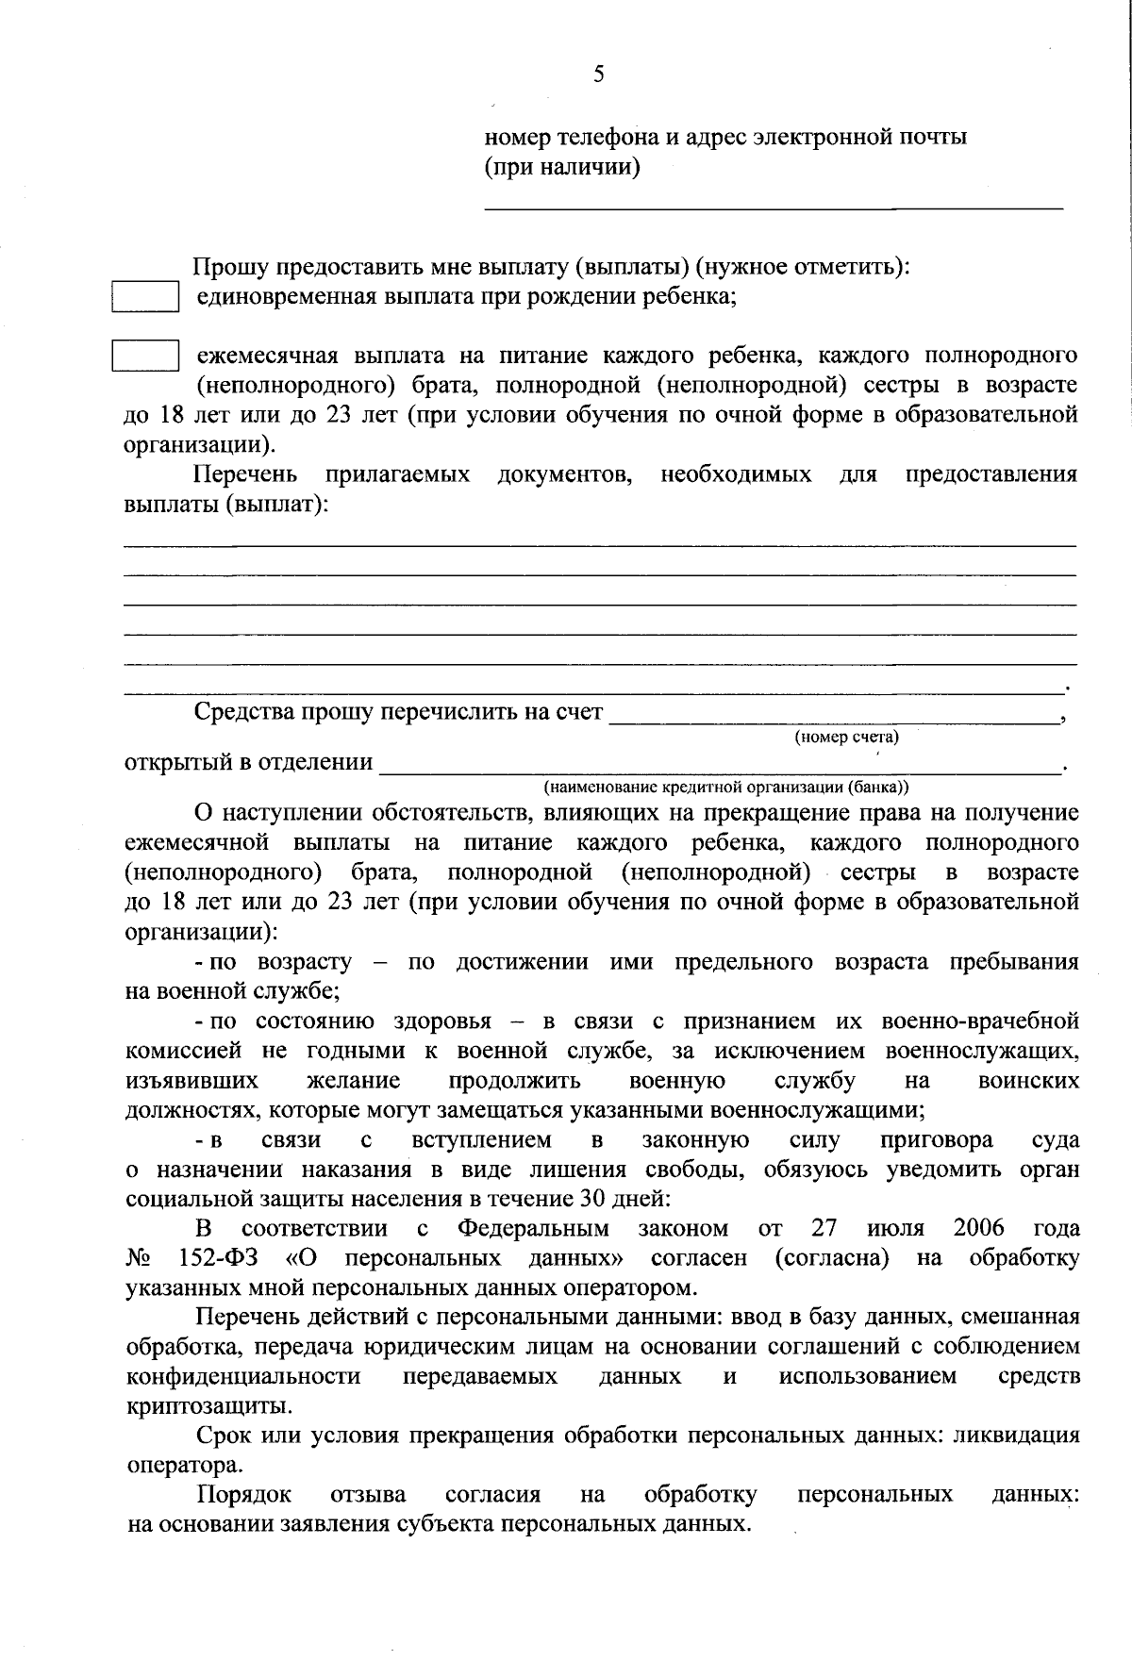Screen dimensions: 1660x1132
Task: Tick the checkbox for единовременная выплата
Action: [146, 297]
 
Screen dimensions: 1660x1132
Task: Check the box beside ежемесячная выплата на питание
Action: [146, 357]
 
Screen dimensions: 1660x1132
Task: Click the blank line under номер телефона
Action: [774, 206]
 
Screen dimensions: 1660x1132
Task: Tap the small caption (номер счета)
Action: [846, 738]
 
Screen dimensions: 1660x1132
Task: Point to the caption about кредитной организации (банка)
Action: [726, 787]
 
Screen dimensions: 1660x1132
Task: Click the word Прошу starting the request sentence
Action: [230, 268]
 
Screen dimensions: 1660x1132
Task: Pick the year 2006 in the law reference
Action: [978, 1228]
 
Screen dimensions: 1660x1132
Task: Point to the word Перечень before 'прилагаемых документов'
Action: [246, 474]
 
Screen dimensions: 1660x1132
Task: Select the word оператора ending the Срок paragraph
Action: [183, 1466]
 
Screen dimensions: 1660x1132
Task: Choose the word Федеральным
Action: [533, 1228]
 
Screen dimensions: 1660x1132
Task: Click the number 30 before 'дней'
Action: [611, 1199]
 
